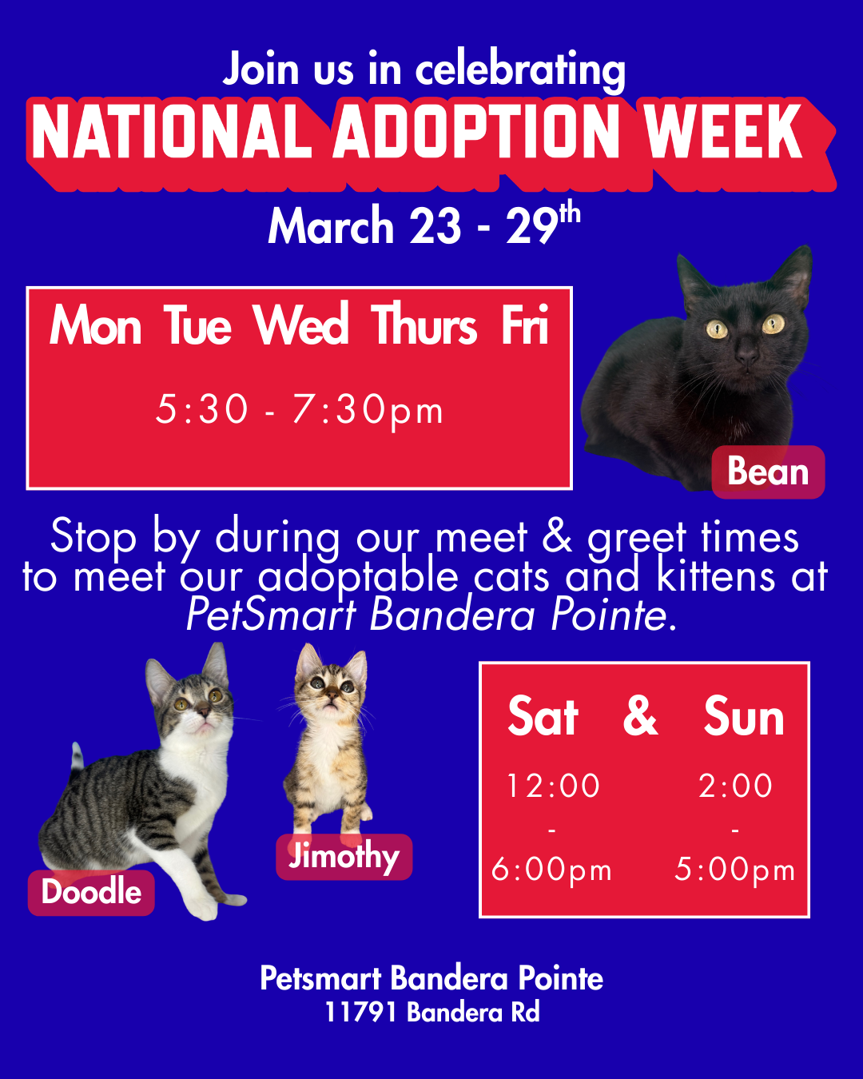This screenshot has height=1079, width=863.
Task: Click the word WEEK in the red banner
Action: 722,133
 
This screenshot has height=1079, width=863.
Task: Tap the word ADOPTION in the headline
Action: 476,133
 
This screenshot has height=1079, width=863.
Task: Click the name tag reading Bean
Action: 768,472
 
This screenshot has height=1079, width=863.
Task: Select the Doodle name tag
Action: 91,892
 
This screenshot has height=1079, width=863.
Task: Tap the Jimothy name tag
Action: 344,857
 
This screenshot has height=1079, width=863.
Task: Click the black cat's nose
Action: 746,352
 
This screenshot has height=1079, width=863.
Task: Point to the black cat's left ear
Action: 693,276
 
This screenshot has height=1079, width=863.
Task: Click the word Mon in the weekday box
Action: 96,326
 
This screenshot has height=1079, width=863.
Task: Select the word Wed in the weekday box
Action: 301,326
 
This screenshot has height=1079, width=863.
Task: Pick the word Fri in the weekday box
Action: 525,326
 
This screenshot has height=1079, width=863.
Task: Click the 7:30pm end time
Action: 368,410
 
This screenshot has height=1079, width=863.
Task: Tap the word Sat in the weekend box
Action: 543,717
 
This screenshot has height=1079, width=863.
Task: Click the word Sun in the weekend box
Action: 744,717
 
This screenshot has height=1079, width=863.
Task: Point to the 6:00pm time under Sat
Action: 551,870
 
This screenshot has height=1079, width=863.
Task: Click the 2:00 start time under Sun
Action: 735,786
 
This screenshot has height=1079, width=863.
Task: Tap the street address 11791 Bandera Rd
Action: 431,1013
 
